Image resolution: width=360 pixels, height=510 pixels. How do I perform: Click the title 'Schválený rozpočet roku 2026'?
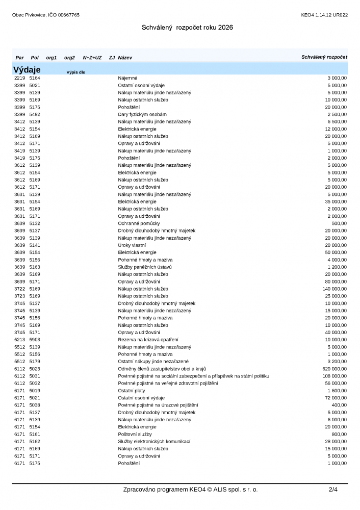[x=187, y=28]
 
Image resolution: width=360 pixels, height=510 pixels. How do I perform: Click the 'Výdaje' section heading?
[x=27, y=69]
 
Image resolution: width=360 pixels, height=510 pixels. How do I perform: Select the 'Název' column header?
[x=125, y=58]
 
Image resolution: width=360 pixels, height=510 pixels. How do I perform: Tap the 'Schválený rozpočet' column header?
[x=324, y=57]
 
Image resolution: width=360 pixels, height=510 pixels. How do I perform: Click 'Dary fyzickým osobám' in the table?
[x=142, y=114]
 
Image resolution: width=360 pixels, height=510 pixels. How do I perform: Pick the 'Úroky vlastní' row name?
[x=132, y=245]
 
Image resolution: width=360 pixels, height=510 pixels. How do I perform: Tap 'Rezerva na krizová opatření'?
[x=148, y=340]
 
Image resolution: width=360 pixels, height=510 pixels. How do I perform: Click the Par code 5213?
[x=19, y=340]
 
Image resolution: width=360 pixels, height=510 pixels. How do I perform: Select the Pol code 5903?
[x=35, y=340]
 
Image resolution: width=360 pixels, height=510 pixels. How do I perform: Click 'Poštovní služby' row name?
[x=135, y=434]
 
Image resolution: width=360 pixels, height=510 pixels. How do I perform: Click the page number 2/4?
[x=333, y=490]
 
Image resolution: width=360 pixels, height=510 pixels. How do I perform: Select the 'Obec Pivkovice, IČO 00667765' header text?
[x=46, y=15]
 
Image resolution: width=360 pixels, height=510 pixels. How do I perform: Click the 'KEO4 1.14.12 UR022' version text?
[x=324, y=15]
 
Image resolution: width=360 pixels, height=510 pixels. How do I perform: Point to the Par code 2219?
[x=19, y=78]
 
